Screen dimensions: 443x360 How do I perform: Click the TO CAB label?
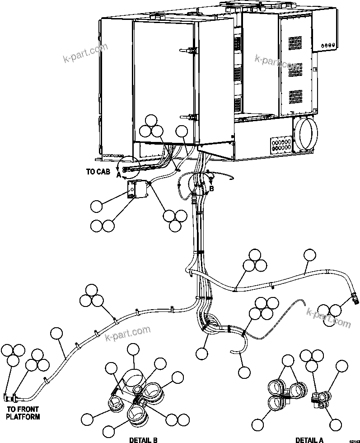point(98,172)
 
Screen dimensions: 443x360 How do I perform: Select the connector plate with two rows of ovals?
point(281,144)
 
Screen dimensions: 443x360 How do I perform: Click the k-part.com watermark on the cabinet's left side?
point(85,54)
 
